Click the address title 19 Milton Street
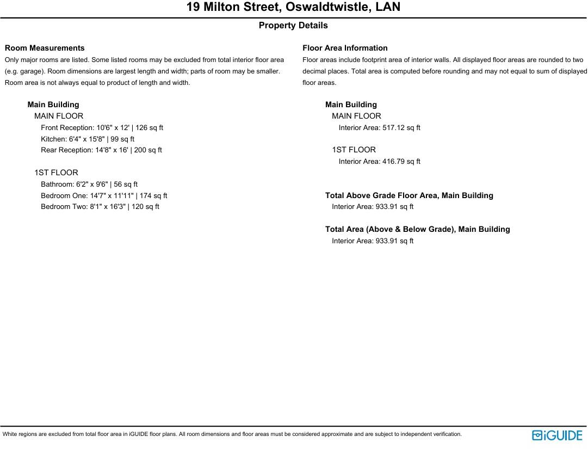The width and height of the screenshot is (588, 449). [x=293, y=7]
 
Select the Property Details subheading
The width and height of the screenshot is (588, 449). [x=293, y=26]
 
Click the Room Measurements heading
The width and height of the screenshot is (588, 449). [x=45, y=48]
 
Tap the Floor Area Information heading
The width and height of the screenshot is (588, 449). [x=345, y=48]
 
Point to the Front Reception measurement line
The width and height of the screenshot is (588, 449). [x=102, y=128]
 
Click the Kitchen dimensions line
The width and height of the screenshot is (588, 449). [x=88, y=139]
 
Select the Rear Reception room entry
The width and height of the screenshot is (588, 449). [x=101, y=150]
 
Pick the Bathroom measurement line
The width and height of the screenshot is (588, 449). [x=89, y=184]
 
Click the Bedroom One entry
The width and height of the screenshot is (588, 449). [x=104, y=195]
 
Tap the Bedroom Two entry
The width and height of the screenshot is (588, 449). [x=100, y=207]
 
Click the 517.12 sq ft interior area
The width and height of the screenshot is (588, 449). [x=379, y=128]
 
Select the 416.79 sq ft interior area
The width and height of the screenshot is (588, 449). [x=379, y=162]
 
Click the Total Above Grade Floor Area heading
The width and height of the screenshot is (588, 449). [x=409, y=195]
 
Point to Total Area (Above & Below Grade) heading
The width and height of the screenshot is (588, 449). [x=417, y=229]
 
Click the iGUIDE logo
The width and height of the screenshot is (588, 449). [x=557, y=435]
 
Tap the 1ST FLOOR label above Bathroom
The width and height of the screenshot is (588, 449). [x=56, y=173]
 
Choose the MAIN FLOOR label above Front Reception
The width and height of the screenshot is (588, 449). [x=59, y=116]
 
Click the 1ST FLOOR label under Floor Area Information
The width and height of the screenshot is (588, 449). [x=354, y=150]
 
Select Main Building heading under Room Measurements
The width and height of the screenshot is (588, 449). [x=53, y=104]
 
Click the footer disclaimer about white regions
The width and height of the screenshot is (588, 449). [x=232, y=434]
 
